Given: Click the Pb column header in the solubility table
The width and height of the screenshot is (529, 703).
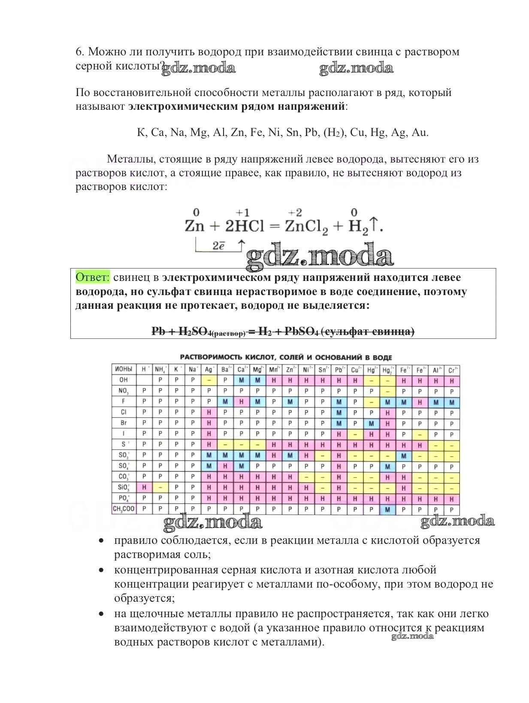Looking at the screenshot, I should click(339, 369).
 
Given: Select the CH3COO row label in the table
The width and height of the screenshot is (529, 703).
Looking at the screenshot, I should click(124, 509).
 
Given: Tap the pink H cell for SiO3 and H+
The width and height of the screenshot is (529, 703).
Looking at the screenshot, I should click(144, 487).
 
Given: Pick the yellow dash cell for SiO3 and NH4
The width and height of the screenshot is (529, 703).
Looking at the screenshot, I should click(160, 487).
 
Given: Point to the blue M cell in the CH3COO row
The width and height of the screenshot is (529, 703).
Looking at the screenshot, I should click(388, 509).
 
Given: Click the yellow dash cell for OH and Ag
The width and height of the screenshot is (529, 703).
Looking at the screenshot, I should click(209, 380).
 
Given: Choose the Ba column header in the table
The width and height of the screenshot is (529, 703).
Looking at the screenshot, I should click(225, 369).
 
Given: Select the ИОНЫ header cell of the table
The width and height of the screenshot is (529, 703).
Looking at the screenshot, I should click(124, 369).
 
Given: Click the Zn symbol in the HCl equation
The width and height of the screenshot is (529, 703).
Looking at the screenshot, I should click(194, 226).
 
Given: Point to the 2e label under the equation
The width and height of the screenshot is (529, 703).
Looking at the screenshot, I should click(218, 246).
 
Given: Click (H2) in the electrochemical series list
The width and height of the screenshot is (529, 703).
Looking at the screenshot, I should click(333, 133).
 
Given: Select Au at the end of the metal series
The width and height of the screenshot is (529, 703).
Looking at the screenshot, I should click(420, 133).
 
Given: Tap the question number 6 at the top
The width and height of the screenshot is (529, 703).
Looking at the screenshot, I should click(79, 52).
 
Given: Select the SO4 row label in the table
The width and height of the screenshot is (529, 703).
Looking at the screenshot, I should click(124, 466).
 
